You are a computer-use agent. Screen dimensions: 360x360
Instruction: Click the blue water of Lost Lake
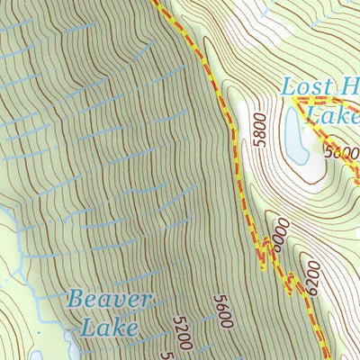[x=294, y=139]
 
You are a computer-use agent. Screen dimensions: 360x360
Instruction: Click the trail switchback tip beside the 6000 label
[x=263, y=265]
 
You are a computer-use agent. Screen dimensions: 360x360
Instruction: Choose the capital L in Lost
[x=287, y=88]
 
